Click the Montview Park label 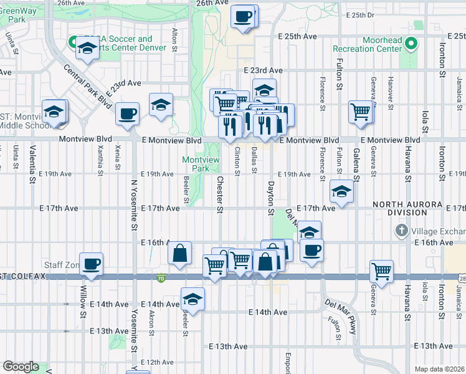click(201, 164)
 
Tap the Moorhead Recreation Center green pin click(411, 44)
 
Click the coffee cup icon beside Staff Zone click(92, 264)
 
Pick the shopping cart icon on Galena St click(361, 112)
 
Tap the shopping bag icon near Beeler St click(179, 253)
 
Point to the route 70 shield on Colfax click(161, 277)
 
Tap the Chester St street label click(219, 193)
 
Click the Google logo click(20, 367)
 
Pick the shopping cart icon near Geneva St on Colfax click(381, 271)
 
